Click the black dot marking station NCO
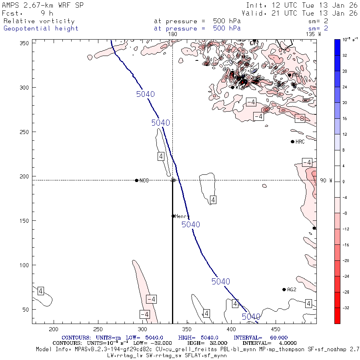[x=137, y=180]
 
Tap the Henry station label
[x=182, y=216]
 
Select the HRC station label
[x=300, y=142]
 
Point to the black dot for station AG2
[x=284, y=290]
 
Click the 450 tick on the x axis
[x=186, y=329]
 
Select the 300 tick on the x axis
[x=142, y=329]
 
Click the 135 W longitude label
[x=313, y=34]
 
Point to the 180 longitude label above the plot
[x=173, y=34]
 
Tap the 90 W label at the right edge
[x=326, y=180]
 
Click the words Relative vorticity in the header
[x=39, y=21]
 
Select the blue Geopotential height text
[x=41, y=28]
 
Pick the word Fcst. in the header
[x=12, y=13]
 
